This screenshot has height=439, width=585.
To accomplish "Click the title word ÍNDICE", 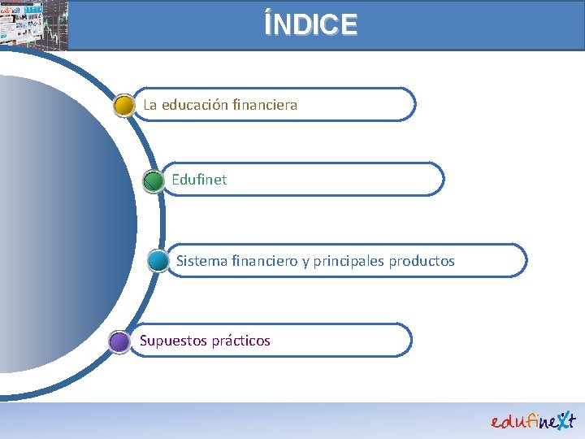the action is pos(310,24).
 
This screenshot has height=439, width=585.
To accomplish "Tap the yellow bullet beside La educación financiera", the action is pos(124,106).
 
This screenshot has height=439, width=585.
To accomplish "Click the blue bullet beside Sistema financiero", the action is pos(158,261).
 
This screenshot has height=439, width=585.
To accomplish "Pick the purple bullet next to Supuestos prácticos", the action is pos(119,341).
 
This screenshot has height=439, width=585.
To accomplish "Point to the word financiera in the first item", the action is pos(265,105).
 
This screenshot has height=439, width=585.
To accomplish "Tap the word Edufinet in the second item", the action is pos(199,180).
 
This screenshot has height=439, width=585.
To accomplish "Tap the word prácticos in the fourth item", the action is pos(241,341).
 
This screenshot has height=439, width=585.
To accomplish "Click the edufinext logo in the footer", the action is pos(533,419).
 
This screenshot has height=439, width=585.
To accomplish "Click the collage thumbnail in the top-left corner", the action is pos(34,24).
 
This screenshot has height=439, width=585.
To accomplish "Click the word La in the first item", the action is pos(150,105).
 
